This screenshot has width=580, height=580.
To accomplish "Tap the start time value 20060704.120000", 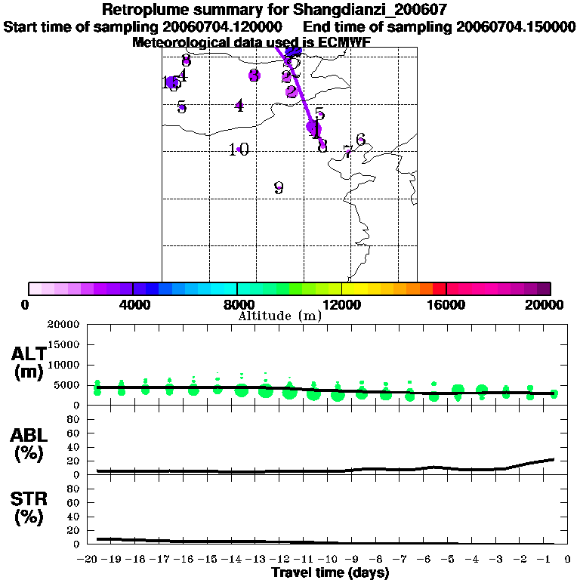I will click(224, 27).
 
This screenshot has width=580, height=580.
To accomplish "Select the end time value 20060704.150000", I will click(516, 27).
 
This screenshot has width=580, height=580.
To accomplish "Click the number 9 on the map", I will click(279, 188).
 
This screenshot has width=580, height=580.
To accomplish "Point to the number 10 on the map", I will click(239, 150).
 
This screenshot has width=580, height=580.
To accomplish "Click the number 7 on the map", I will click(347, 150).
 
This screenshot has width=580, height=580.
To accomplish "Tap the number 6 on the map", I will click(361, 139).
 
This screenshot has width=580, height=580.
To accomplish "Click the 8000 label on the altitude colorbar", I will click(237, 305).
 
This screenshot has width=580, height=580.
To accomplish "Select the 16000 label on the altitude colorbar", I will click(446, 305).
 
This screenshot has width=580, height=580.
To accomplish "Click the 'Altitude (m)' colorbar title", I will click(280, 316).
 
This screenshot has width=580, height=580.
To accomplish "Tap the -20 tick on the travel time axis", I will click(88, 559).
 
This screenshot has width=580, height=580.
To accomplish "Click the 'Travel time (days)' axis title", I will click(330, 572).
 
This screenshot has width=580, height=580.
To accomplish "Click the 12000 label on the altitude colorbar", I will click(342, 305).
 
